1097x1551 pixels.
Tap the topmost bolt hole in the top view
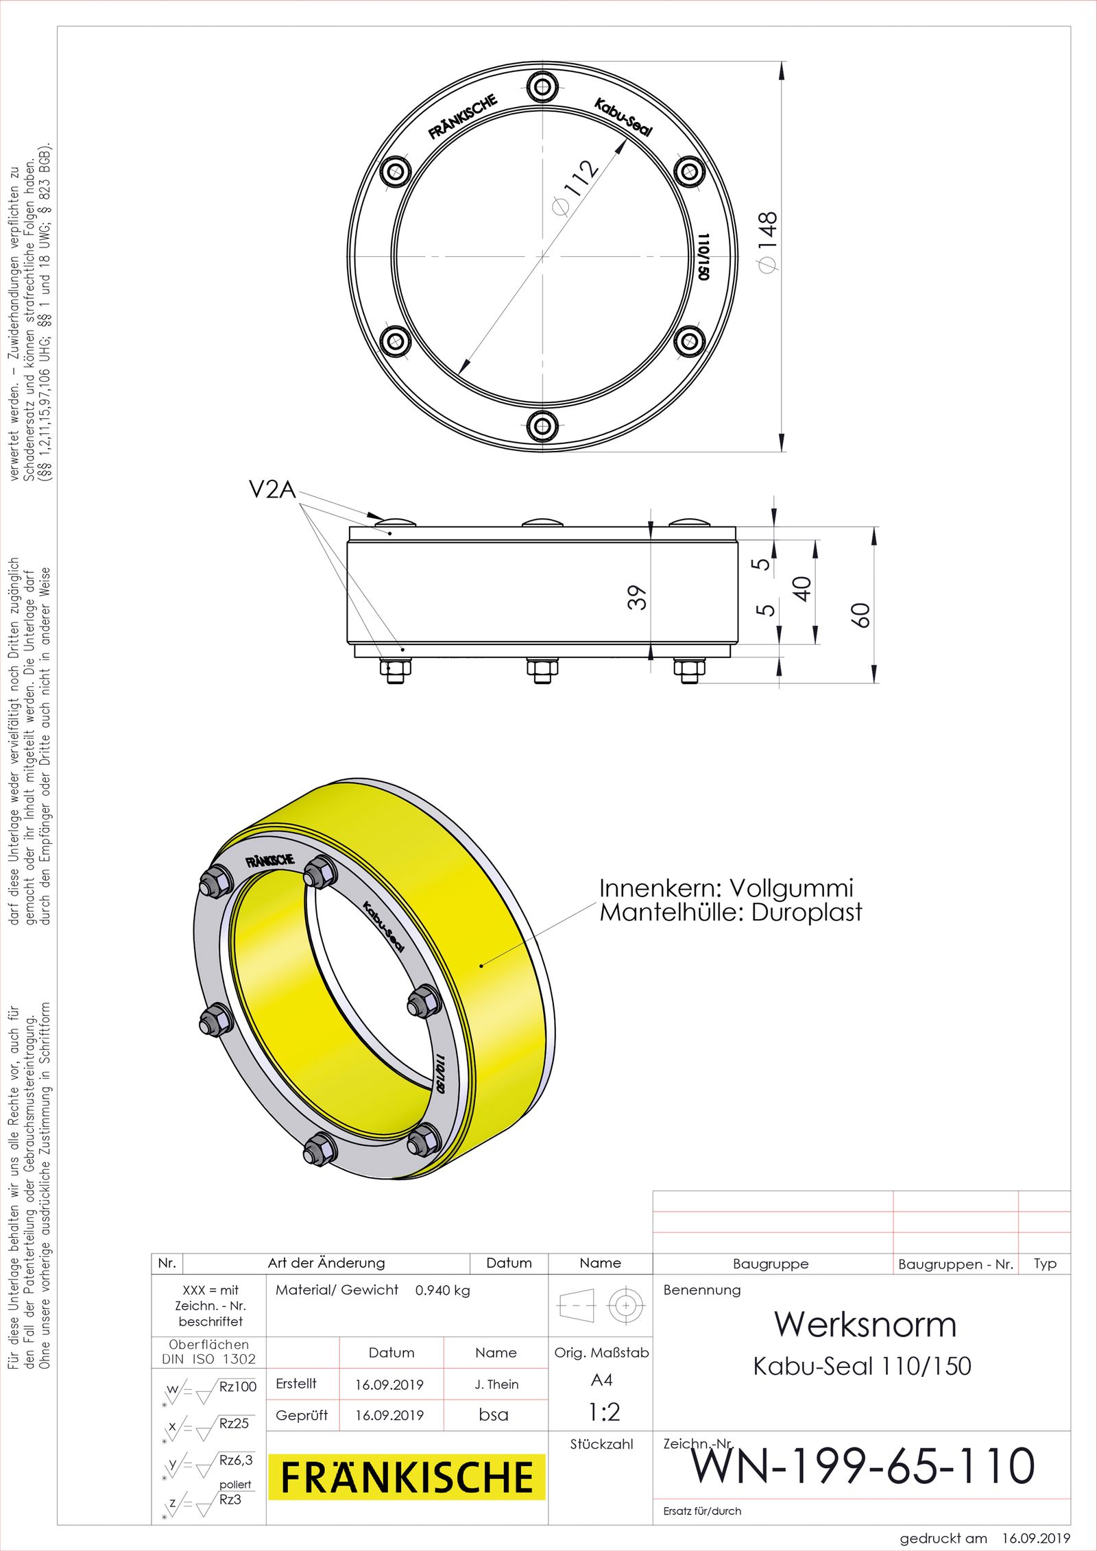tap(542, 87)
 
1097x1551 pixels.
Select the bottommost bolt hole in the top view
tap(542, 426)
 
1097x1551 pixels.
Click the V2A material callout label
tap(272, 489)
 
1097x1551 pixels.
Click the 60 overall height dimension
tap(860, 615)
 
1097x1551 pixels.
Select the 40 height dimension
tap(801, 588)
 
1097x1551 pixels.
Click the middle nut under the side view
tap(542, 670)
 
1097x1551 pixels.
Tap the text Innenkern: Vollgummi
tap(726, 888)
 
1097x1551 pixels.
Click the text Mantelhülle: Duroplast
tap(730, 912)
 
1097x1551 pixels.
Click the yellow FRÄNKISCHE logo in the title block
tap(407, 1477)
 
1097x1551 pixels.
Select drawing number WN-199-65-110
tap(863, 1465)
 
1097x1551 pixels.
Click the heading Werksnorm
tap(865, 1323)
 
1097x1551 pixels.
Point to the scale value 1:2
tap(604, 1411)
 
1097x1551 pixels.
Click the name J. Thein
tap(496, 1384)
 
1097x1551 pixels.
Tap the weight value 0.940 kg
tap(442, 1290)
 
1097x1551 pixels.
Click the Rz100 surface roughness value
tap(237, 1387)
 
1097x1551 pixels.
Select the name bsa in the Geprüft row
tap(494, 1415)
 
